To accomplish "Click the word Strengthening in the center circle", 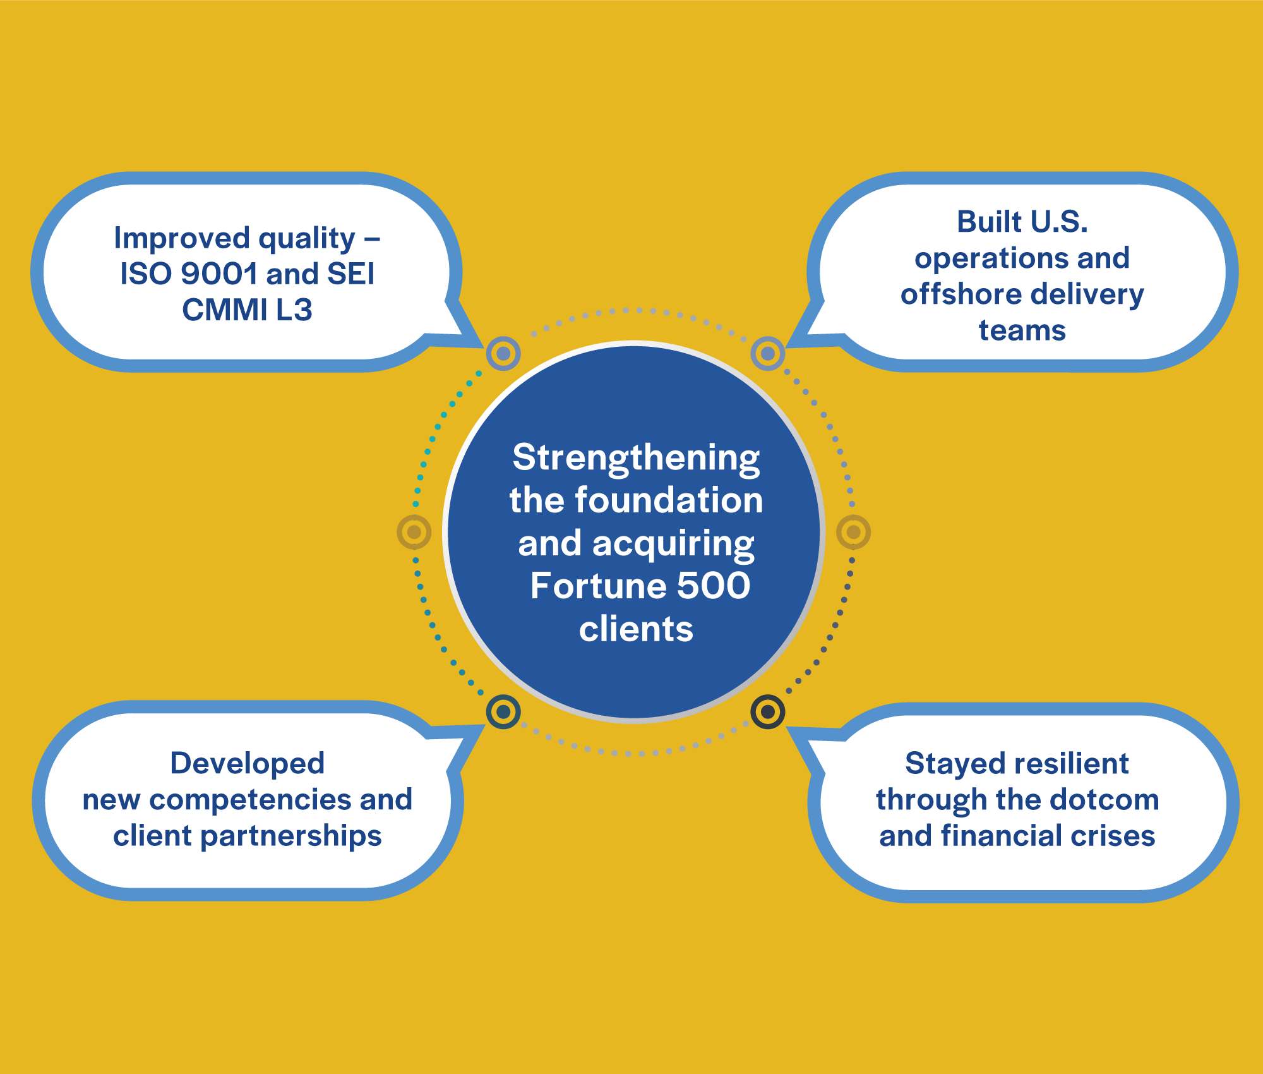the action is [636, 459].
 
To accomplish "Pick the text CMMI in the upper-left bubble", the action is [224, 310].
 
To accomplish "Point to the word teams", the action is [1022, 330].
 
